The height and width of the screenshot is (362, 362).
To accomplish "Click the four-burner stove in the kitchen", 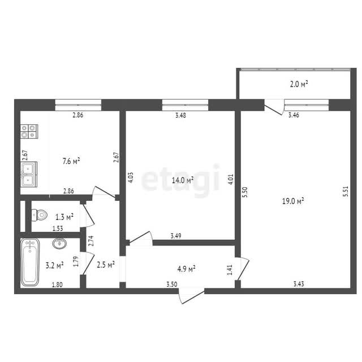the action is tap(29, 131).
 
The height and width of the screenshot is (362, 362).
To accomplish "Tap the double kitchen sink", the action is tap(29, 174).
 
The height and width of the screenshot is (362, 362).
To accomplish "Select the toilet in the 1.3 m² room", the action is tap(39, 215).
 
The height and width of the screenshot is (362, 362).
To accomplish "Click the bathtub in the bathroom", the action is tap(30, 262).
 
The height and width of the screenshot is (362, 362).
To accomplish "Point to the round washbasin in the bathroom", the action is tap(59, 243).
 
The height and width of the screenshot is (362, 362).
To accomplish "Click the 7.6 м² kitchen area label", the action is tap(71, 161).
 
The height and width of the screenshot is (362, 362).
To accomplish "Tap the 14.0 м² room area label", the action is tap(183, 180).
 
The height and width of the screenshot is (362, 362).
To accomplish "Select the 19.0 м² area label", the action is tap(293, 201).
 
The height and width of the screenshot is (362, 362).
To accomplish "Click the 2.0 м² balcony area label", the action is tap(299, 84).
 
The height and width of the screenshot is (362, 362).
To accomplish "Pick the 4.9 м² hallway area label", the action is tap(186, 269).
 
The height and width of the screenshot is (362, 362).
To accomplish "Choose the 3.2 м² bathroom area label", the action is tap(55, 265).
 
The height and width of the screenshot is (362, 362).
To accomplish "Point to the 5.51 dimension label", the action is tap(346, 191).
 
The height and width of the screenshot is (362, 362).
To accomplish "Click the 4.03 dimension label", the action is tap(131, 178).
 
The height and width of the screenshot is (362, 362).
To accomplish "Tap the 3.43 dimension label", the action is tap(299, 284).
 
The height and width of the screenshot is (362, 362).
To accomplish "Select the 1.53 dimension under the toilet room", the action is tap(58, 229).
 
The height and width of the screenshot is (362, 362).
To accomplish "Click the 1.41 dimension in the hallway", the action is tap(230, 270).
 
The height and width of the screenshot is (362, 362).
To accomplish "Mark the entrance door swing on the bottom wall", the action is tap(191, 296).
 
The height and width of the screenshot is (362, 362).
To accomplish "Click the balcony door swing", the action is tap(274, 107).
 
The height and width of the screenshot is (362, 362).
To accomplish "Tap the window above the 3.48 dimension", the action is tap(185, 105).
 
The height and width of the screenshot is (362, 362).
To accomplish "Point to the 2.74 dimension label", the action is tap(92, 240).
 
